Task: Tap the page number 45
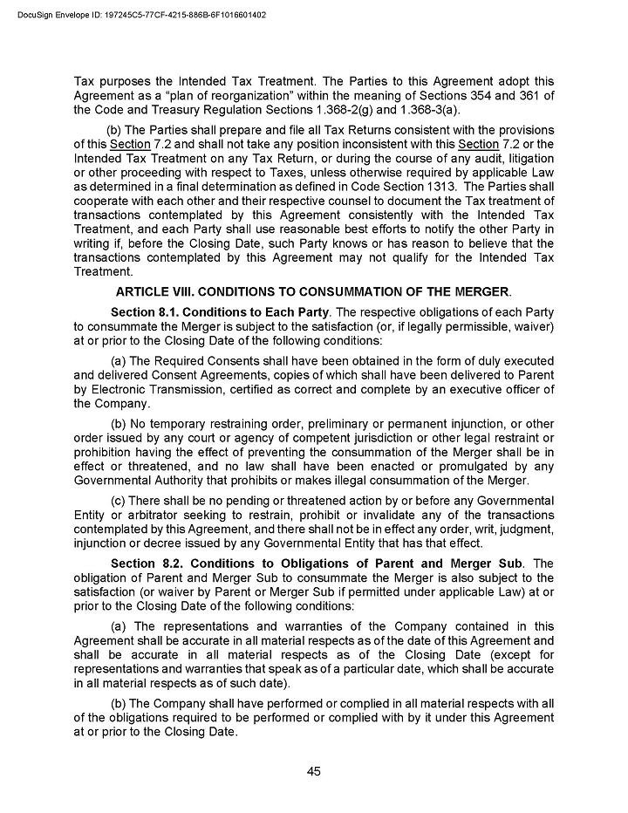(314, 770)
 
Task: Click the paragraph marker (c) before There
(120, 501)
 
